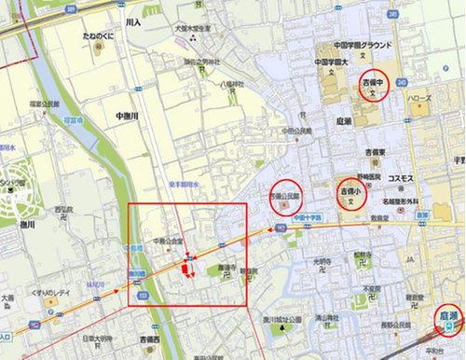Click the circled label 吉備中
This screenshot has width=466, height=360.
[374, 85]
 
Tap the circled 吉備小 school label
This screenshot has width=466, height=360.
[349, 193]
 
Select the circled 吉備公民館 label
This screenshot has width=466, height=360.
[286, 198]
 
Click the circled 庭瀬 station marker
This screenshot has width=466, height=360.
[448, 320]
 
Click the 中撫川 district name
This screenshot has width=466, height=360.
[127, 115]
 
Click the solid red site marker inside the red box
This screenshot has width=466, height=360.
[185, 270]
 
